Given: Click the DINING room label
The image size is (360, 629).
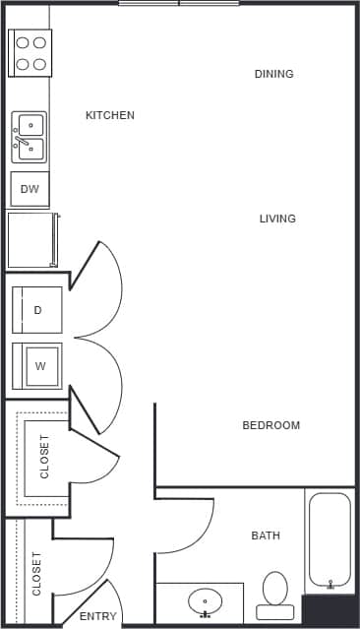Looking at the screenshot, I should [x=273, y=74].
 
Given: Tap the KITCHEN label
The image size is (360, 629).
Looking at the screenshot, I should [x=110, y=115].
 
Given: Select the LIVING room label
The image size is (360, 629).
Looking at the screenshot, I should [x=277, y=219].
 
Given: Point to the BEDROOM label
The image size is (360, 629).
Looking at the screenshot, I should [x=270, y=425].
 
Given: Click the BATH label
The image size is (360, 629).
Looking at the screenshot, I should [x=266, y=535].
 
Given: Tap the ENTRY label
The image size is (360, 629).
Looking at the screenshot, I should [x=97, y=617].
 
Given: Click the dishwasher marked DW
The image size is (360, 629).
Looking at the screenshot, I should [x=30, y=189].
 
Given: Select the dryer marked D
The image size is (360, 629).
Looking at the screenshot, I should [x=37, y=310].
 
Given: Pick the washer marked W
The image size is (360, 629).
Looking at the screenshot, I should [x=38, y=366].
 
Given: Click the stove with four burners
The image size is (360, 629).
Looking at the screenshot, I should [x=30, y=53].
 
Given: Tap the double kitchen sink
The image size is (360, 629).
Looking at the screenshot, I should [x=30, y=136].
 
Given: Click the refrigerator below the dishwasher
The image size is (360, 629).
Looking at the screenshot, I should [x=30, y=240].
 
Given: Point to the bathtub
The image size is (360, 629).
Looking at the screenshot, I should [x=330, y=541].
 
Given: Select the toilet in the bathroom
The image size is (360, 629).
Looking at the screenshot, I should [x=275, y=594].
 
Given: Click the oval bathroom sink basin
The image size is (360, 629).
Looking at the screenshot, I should [x=206, y=600].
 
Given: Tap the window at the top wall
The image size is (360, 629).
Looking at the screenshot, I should [x=179, y=3].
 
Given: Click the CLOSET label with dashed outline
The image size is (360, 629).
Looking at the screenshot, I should [x=44, y=456].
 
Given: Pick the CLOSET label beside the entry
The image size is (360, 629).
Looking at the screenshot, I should [x=37, y=573].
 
